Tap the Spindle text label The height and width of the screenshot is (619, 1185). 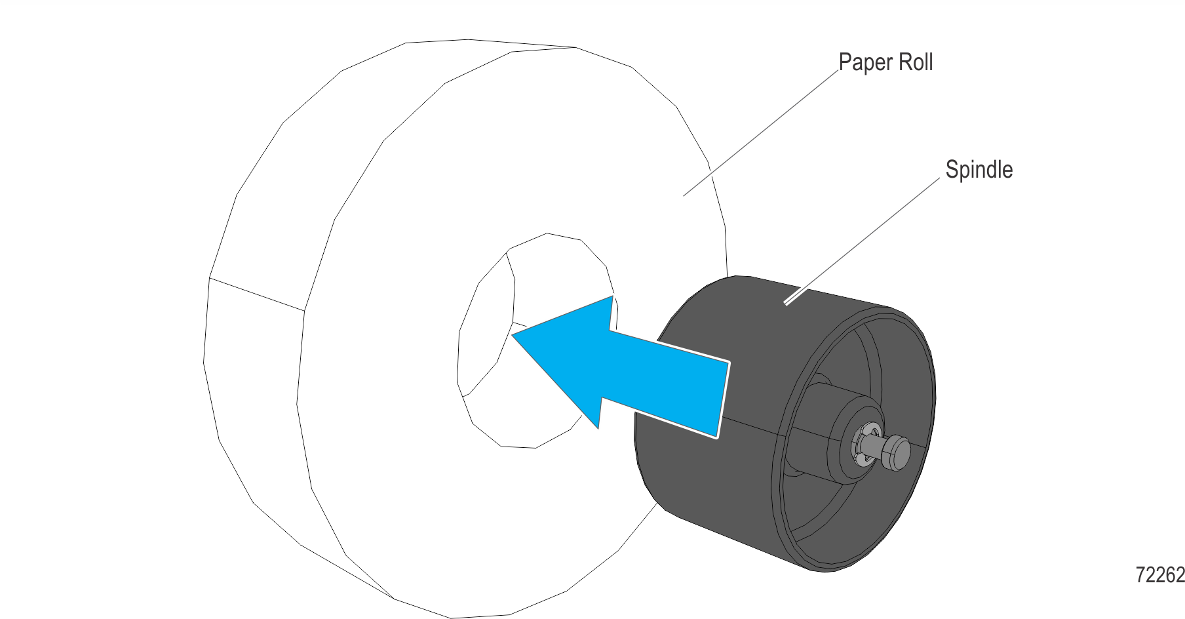tap(979, 170)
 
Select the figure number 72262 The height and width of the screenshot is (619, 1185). tap(1160, 575)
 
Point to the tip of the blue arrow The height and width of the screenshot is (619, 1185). tap(512, 335)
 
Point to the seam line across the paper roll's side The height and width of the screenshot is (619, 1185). tap(257, 294)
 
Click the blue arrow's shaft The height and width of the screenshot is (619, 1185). tap(662, 384)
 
